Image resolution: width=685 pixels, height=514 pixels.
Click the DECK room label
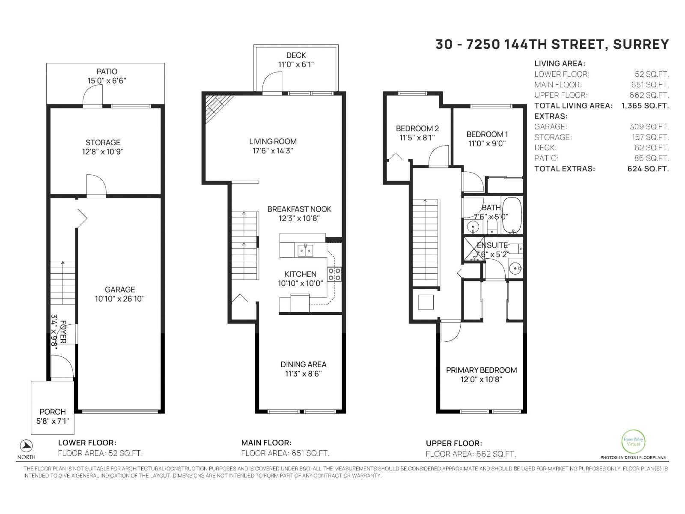pos(296,55)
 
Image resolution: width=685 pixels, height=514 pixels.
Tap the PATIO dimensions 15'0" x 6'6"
pos(107,81)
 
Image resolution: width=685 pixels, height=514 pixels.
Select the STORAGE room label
pos(103,142)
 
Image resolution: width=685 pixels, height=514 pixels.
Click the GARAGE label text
pos(120,290)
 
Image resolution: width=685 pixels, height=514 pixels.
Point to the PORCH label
pos(53,412)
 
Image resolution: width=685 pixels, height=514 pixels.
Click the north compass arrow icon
pos(27,445)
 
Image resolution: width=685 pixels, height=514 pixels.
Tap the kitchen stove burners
pos(334,274)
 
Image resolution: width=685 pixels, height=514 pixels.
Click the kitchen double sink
pos(305,250)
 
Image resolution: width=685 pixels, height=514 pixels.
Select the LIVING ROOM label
pos(273,141)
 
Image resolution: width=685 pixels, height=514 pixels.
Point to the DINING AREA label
pos(303,364)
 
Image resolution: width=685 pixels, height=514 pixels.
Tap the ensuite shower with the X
pos(474,249)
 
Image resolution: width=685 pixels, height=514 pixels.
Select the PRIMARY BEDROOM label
pos(481,370)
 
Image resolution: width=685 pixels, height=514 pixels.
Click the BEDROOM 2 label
pos(417,128)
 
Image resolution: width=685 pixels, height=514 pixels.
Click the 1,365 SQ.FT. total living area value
pos(645,106)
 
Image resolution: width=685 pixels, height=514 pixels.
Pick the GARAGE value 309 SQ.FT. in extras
pos(649,127)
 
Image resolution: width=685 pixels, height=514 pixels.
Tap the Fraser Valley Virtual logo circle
pos(633,441)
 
